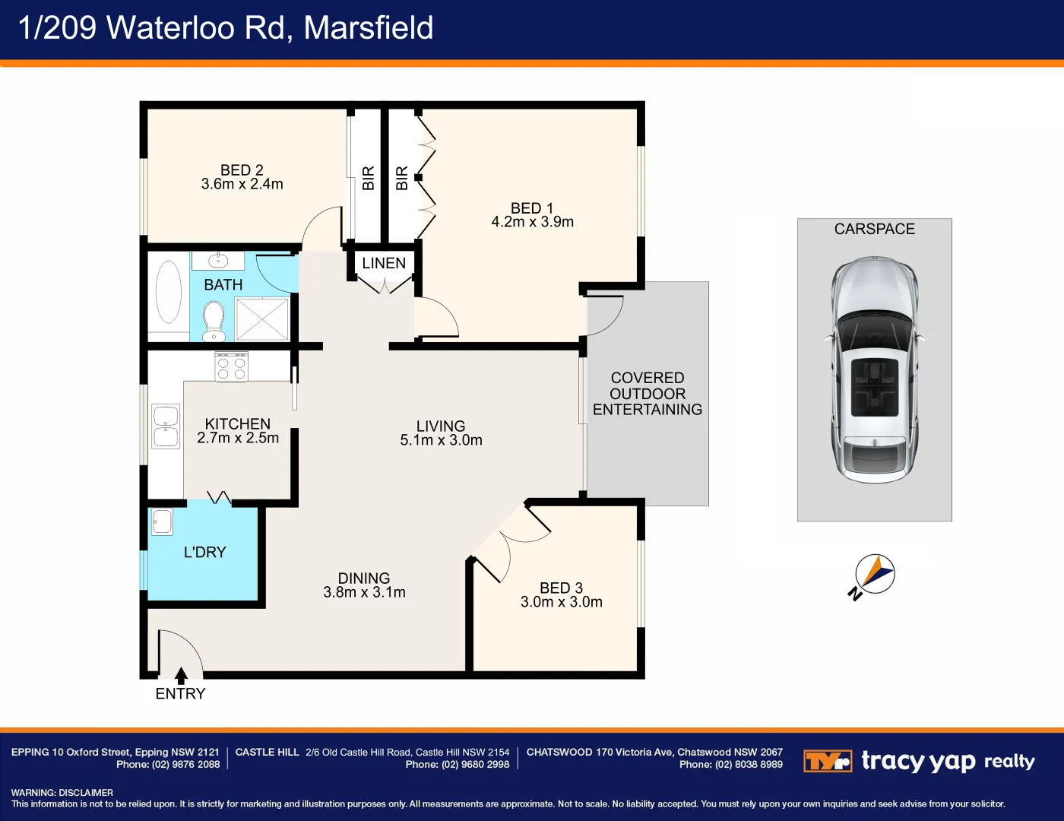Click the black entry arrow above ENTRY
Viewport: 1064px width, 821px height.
click(181, 676)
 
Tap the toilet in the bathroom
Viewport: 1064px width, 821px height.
click(214, 322)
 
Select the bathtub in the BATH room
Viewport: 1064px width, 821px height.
click(168, 293)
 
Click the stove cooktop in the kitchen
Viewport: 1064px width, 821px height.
click(231, 366)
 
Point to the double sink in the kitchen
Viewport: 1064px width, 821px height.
click(166, 426)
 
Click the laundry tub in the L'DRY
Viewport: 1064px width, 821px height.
click(162, 521)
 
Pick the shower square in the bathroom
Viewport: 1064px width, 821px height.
click(262, 319)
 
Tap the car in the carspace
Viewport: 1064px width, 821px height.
click(874, 369)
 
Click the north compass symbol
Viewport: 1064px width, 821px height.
click(874, 574)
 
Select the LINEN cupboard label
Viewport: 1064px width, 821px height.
click(384, 263)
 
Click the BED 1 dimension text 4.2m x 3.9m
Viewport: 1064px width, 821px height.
click(532, 222)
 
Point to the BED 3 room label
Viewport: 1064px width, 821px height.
click(561, 588)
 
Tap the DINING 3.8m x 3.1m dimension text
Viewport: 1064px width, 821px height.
click(364, 592)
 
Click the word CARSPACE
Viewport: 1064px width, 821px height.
click(874, 229)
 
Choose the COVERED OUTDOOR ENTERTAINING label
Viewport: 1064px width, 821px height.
click(648, 394)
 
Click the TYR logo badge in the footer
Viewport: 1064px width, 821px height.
click(827, 761)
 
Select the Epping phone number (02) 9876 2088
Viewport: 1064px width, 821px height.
click(186, 765)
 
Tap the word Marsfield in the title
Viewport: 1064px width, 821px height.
click(369, 28)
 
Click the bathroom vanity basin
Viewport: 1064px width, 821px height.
click(218, 261)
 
